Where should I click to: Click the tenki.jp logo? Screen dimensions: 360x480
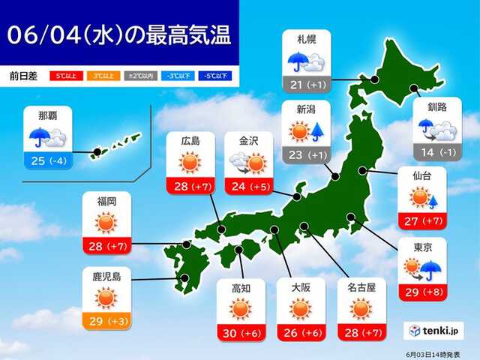coord(436,330)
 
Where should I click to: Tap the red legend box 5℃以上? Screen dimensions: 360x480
coord(66,76)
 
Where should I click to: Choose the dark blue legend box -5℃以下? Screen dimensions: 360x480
coord(216,76)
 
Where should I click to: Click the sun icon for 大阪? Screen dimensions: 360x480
coord(298,309)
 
